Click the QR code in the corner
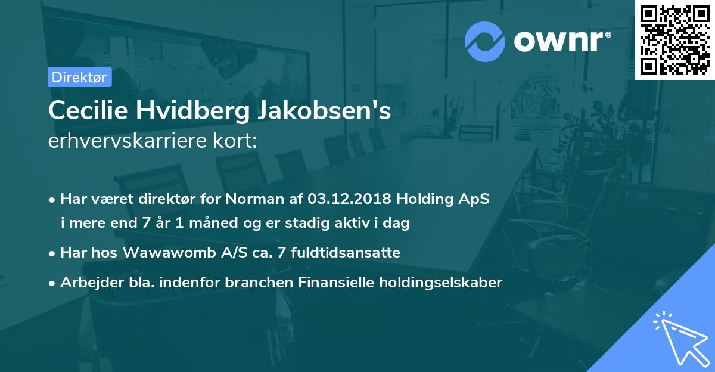click(x=675, y=40)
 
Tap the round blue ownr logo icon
click(x=485, y=41)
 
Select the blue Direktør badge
click(x=79, y=76)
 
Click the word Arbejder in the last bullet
click(x=86, y=282)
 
